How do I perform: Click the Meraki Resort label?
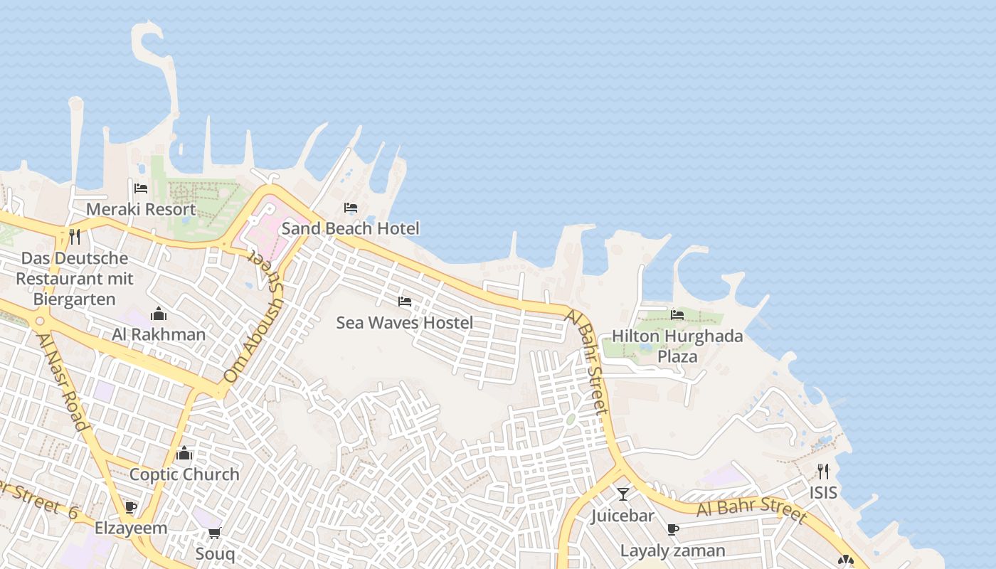[141, 209]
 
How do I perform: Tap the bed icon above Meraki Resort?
[141, 188]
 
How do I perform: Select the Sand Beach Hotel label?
[350, 228]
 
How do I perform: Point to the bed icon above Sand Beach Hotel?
[351, 208]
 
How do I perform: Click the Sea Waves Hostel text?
[404, 322]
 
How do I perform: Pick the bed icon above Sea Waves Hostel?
[405, 302]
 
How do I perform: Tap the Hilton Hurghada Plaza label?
[677, 346]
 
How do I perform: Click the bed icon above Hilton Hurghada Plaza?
[677, 314]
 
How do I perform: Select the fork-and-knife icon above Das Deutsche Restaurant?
[75, 236]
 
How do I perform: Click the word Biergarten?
[75, 299]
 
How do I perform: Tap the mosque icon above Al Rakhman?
[158, 314]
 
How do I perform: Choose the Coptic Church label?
[184, 474]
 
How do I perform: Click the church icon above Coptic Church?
[184, 453]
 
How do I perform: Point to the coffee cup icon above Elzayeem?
[130, 507]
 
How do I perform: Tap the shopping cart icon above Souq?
[214, 533]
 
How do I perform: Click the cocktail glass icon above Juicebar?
[623, 494]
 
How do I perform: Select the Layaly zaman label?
[672, 551]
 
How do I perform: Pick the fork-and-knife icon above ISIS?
[823, 471]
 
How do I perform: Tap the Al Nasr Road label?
[63, 382]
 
